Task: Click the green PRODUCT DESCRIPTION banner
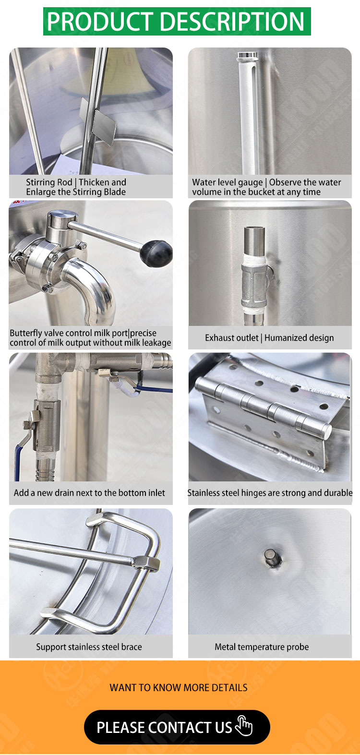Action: pyautogui.click(x=177, y=21)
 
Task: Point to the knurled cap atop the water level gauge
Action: pyautogui.click(x=248, y=56)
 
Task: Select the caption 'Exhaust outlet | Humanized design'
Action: pyautogui.click(x=269, y=338)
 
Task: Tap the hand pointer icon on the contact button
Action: pyautogui.click(x=244, y=726)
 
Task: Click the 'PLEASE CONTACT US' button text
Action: pyautogui.click(x=165, y=727)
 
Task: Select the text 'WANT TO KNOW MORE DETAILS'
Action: pyautogui.click(x=178, y=688)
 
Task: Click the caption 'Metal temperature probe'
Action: pyautogui.click(x=262, y=647)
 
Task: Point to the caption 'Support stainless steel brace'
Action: pyautogui.click(x=89, y=647)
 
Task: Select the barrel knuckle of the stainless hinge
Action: pyautogui.click(x=264, y=406)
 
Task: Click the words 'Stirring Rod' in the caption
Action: pyautogui.click(x=49, y=182)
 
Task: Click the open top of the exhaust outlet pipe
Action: pyautogui.click(x=254, y=229)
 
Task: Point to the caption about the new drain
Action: pyautogui.click(x=89, y=493)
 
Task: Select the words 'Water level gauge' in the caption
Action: pyautogui.click(x=228, y=182)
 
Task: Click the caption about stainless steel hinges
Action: pyautogui.click(x=270, y=493)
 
